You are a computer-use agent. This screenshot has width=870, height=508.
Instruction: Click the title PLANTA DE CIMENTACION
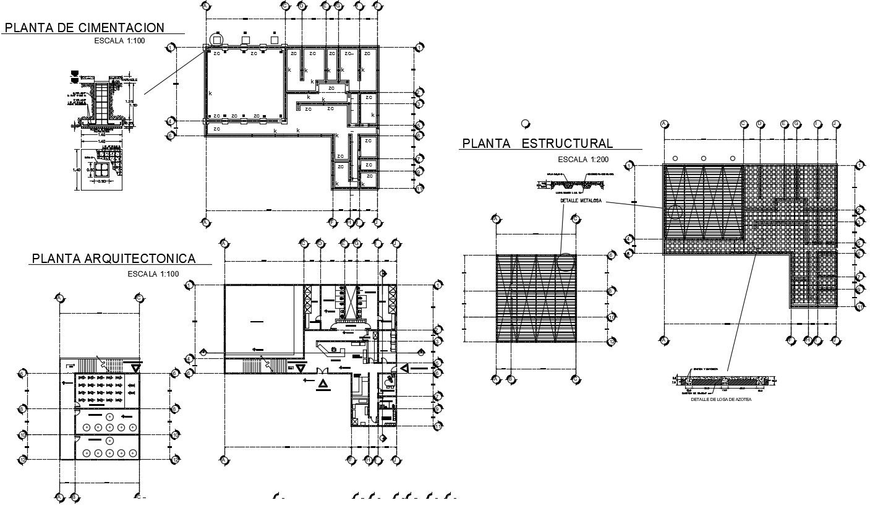[85, 27]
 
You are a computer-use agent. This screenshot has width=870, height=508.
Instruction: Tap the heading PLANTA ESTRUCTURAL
[537, 144]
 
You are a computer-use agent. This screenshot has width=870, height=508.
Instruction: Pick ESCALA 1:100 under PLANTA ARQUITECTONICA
[153, 273]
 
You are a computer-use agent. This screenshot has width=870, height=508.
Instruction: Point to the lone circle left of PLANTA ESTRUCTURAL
[526, 124]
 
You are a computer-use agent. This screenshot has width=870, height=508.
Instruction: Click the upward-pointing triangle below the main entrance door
[322, 385]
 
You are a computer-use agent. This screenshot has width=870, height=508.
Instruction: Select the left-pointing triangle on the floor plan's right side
[404, 369]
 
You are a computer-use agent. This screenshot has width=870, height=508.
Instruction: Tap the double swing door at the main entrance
[322, 370]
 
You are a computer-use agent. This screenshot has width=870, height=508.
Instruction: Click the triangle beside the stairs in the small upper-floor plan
[135, 368]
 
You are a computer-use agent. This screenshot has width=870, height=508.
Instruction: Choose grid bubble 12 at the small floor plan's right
[175, 460]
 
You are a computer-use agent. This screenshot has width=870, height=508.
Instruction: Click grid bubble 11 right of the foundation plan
[419, 188]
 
